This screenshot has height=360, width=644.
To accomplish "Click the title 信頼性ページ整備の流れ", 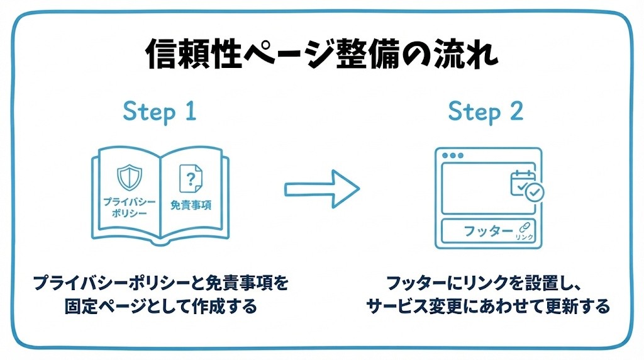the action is tap(322, 54).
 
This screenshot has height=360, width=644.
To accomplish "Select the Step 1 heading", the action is tap(160, 111).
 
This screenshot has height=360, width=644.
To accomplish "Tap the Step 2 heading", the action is tap(486, 111).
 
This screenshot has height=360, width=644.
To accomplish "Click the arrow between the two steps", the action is tap(322, 189).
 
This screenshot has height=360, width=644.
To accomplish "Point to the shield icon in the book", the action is tap(130, 177).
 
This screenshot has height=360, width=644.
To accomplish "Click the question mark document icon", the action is tap(191, 178).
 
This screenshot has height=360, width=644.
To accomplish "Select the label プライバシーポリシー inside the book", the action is tap(130, 208).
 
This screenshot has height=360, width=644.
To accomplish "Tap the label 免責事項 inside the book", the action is tap(191, 205).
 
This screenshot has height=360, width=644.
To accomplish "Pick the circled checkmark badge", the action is tap(535, 192).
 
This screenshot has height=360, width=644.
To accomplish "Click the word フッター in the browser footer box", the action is tap(488, 231).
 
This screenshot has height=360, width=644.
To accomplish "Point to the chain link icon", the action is tap(525, 228).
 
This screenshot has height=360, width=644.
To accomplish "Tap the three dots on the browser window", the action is tap(453, 155).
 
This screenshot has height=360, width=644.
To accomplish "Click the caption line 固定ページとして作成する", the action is tap(160, 306).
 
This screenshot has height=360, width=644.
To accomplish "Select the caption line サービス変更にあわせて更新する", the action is tap(487, 306).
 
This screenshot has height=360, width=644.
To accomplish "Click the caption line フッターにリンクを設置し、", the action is tap(484, 283).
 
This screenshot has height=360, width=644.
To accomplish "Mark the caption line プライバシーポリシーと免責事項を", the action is tap(160, 283).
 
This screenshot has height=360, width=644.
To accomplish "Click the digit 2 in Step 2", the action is tap(517, 111).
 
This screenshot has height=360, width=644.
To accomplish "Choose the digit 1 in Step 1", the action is tap(191, 111).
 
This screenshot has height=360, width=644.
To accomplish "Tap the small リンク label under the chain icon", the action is tap(525, 237).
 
